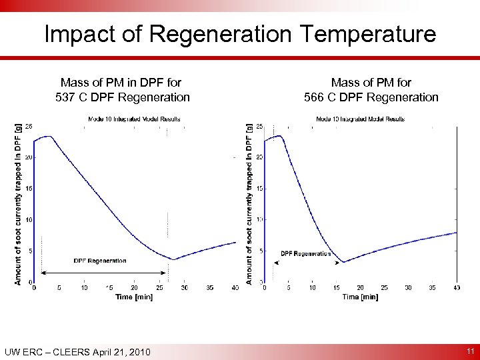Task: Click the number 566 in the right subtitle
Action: (x=317, y=97)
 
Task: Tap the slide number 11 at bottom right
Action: (x=469, y=351)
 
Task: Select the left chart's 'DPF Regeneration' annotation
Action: (x=99, y=261)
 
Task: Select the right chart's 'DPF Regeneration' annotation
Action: (x=305, y=253)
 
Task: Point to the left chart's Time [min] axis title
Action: (x=133, y=297)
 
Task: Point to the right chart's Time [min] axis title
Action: (x=360, y=297)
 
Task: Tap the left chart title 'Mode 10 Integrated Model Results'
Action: (x=134, y=119)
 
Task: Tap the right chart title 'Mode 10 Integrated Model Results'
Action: (x=360, y=119)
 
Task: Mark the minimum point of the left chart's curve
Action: (x=173, y=259)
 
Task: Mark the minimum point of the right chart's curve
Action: (x=343, y=262)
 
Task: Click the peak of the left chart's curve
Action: (x=49, y=136)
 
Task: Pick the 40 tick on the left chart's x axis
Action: (x=235, y=288)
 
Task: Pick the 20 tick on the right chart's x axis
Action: (x=361, y=288)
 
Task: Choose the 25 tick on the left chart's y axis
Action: (x=29, y=126)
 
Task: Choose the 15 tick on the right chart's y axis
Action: (x=259, y=189)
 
